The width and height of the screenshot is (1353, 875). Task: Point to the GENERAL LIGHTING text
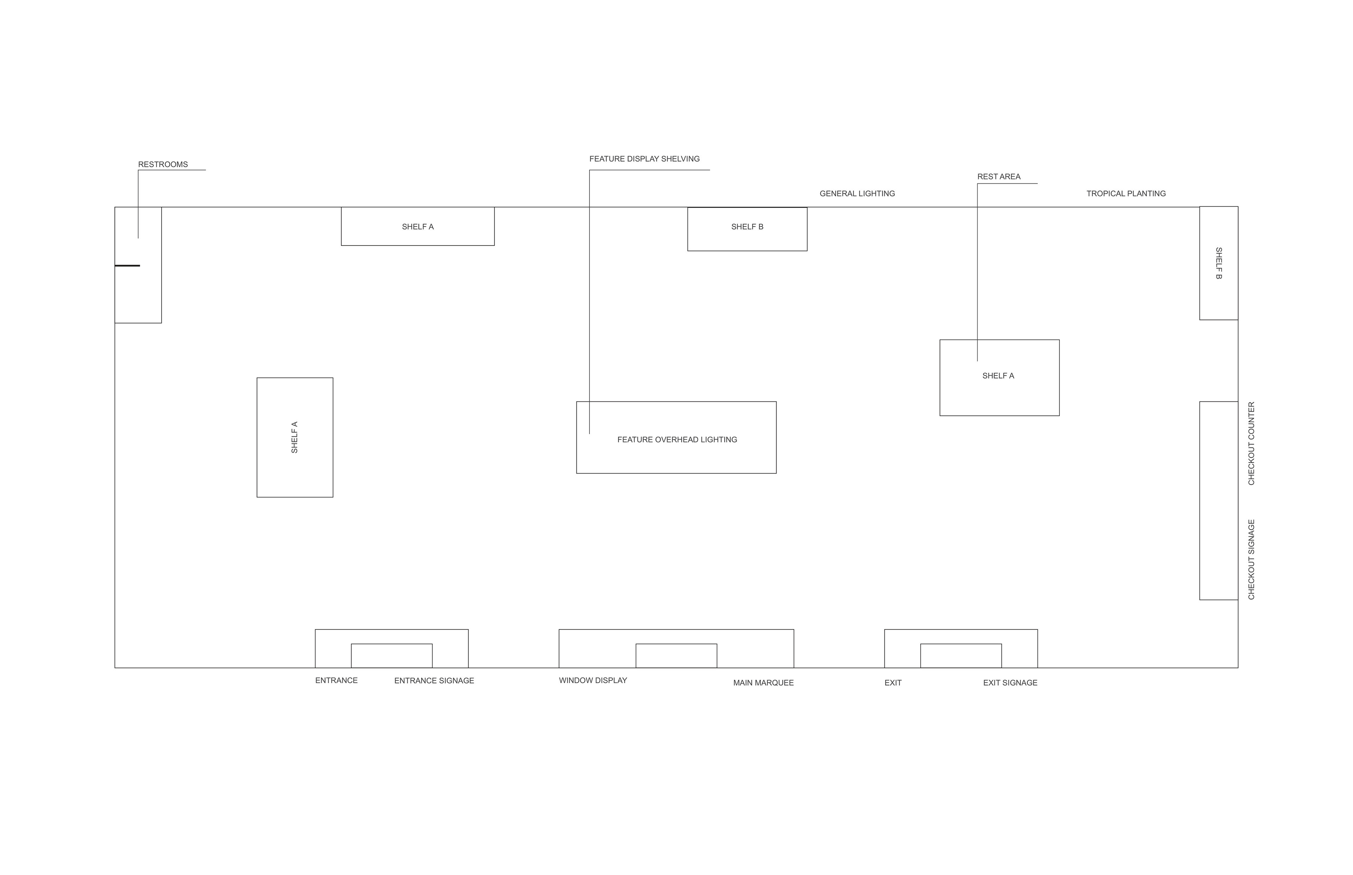[857, 194]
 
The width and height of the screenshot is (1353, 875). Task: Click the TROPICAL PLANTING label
[1126, 194]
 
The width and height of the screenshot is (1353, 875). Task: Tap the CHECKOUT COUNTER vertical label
[1251, 444]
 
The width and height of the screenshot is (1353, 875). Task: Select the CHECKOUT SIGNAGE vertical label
[1251, 560]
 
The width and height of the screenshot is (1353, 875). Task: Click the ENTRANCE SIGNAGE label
[434, 681]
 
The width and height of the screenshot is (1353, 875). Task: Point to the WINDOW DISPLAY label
[592, 681]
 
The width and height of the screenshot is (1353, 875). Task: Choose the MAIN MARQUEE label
[763, 683]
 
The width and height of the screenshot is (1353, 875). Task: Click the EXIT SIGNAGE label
[1009, 683]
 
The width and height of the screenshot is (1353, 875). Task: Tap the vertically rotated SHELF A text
[295, 437]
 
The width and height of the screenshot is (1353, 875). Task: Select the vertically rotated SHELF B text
[1218, 263]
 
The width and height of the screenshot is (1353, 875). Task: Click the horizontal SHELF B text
[747, 227]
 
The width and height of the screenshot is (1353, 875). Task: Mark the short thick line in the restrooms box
[127, 265]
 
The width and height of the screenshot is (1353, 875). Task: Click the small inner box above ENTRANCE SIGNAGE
[392, 656]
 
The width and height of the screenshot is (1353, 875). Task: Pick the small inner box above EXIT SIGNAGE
[961, 656]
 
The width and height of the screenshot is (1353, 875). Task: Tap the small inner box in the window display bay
[676, 656]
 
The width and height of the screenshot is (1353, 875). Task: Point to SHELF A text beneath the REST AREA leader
[998, 376]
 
